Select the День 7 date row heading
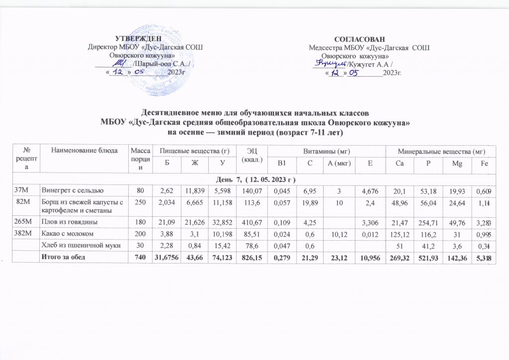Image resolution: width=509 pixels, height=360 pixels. [254, 179]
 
